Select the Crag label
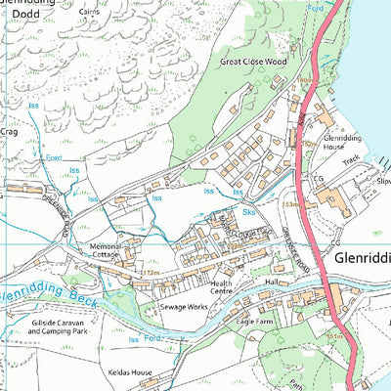(x=9, y=130)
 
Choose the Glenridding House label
(x=343, y=145)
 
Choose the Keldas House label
(x=130, y=372)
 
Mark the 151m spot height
(x=338, y=334)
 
